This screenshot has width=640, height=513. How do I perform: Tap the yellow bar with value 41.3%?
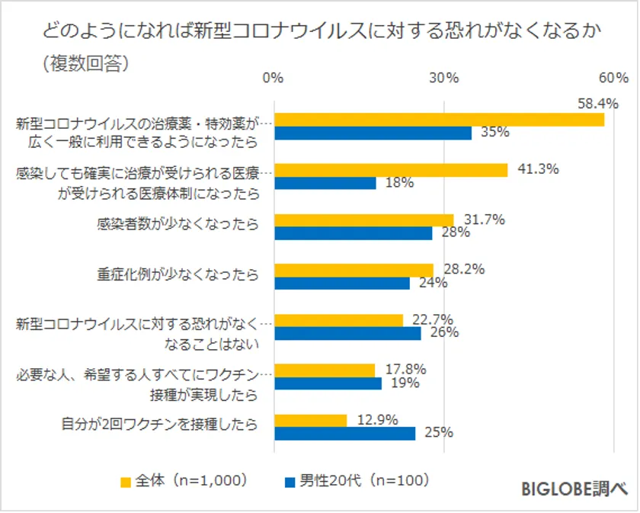click(x=390, y=170)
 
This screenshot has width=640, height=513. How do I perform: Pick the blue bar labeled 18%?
click(x=325, y=183)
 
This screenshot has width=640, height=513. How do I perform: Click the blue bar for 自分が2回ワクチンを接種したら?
click(x=344, y=433)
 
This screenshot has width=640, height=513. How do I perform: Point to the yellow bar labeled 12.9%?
click(x=310, y=420)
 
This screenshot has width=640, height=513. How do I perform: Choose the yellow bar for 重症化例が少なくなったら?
click(x=354, y=270)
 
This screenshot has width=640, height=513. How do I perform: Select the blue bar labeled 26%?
click(x=347, y=333)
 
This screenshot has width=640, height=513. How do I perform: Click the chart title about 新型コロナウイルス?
click(x=318, y=31)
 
